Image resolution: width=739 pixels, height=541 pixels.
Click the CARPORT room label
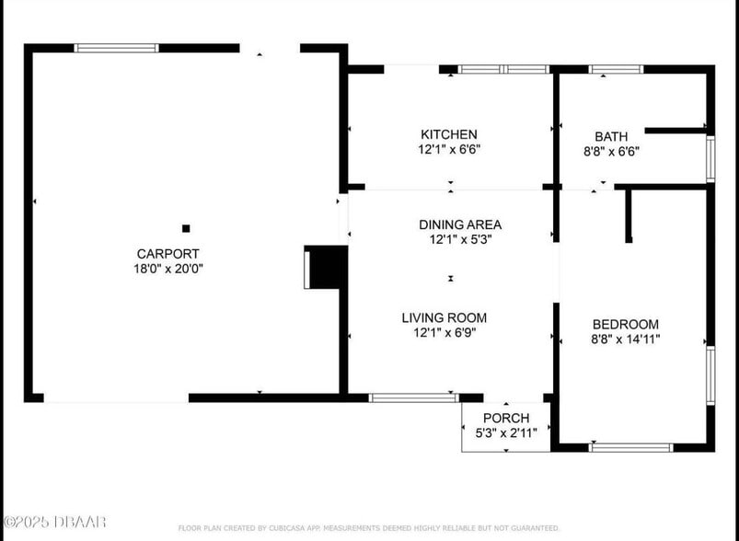point(167,253)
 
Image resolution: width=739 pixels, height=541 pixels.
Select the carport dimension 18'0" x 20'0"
point(167,269)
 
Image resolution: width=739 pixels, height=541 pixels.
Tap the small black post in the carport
point(186,227)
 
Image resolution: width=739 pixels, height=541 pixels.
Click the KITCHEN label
point(449,134)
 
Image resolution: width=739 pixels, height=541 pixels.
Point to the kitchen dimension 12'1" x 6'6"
point(449,150)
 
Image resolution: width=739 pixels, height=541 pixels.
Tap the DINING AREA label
point(460,224)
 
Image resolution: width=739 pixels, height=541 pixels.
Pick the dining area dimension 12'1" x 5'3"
point(460,239)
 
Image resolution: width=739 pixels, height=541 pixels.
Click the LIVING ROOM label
point(444,317)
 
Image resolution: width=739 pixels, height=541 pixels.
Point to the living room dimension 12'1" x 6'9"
point(444,333)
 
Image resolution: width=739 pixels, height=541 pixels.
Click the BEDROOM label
point(625,324)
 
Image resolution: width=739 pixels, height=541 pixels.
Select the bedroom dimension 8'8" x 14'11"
point(625,340)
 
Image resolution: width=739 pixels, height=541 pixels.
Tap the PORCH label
point(505,418)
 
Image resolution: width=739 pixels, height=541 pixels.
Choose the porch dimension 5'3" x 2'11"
point(505,433)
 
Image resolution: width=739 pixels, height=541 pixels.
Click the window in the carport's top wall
point(116,48)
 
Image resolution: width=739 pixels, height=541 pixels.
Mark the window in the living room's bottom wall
point(413,397)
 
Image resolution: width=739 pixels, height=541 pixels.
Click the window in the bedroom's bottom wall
point(630,447)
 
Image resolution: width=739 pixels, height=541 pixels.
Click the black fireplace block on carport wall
point(328,267)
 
